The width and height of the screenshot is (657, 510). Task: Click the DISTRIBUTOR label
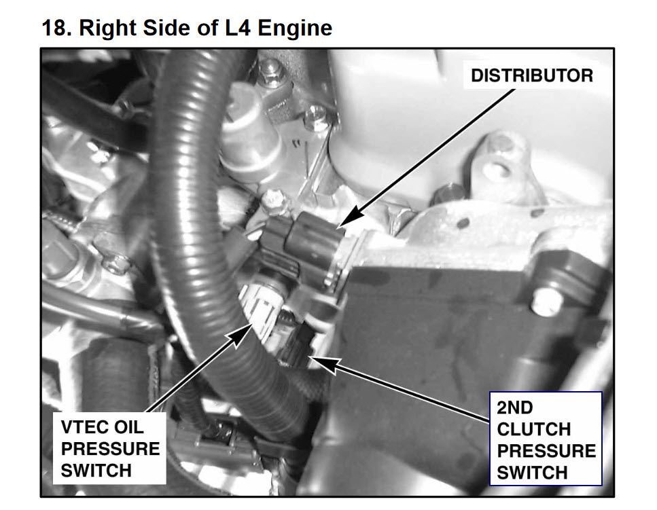point(532,76)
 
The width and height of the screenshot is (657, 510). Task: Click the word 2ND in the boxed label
point(515,407)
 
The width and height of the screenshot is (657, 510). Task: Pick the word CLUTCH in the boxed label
point(534,429)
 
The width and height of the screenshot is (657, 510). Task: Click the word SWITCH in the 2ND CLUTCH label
point(532,473)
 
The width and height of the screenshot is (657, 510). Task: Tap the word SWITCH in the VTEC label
point(96,471)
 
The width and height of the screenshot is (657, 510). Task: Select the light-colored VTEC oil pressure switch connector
point(260,309)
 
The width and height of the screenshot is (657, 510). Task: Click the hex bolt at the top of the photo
point(271,71)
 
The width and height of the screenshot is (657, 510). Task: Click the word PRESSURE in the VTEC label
point(110,450)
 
